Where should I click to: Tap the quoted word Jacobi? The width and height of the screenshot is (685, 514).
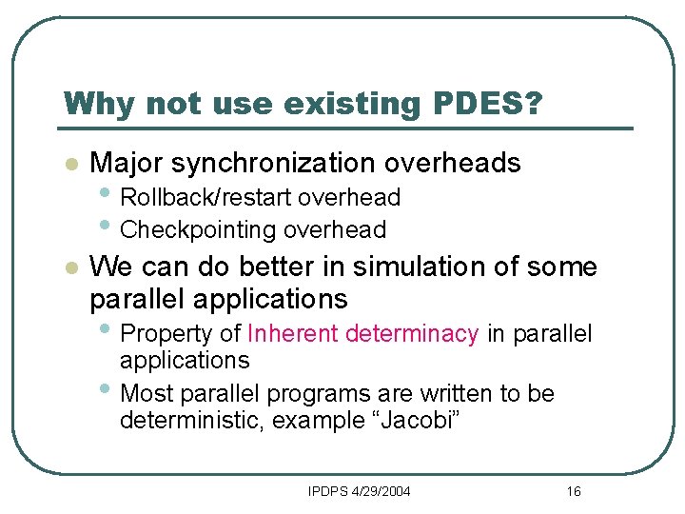415,421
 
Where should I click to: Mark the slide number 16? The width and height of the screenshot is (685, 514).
573,491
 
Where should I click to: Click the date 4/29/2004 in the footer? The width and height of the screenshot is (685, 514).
379,491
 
